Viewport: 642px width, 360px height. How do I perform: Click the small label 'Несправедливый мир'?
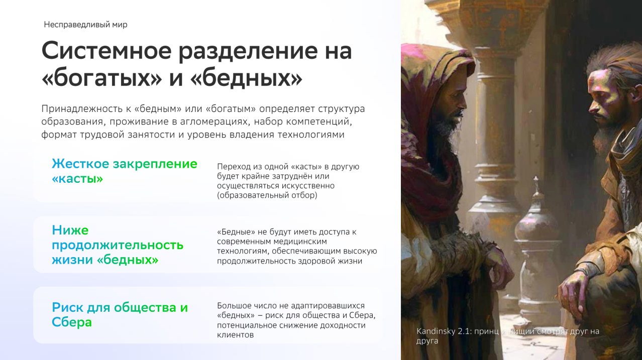coord(85,25)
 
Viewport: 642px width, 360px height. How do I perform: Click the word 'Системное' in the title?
coord(106,51)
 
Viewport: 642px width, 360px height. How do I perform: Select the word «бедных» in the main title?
coord(247,78)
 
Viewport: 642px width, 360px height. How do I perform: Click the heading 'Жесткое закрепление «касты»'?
coord(125,171)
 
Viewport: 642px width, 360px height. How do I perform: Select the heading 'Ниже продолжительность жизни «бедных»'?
coord(118,245)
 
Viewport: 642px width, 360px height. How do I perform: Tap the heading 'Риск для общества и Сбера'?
coord(120,315)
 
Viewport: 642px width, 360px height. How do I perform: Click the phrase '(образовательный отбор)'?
coord(267,195)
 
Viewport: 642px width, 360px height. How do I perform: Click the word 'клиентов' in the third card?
coord(235,335)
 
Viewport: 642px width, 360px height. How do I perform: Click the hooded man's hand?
coord(497,261)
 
